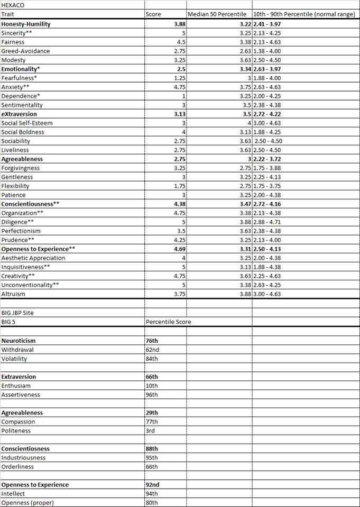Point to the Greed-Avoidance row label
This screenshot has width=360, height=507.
pos(25,51)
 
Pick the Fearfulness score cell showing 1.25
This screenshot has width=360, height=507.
pos(179,78)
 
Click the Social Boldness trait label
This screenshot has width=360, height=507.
pos(23,132)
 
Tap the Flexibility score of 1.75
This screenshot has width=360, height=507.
pos(179,186)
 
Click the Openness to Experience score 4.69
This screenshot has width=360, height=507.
pos(179,249)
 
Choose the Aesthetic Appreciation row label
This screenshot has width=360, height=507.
pos(33,258)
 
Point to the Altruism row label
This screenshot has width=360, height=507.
pos(13,294)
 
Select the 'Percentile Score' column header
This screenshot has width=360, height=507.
pos(168,322)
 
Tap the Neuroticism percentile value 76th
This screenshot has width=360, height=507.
pos(152,341)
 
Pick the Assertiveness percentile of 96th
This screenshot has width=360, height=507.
pos(152,395)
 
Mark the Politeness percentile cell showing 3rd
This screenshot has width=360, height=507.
pos(150,430)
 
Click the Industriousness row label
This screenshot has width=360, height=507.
pos(23,457)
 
